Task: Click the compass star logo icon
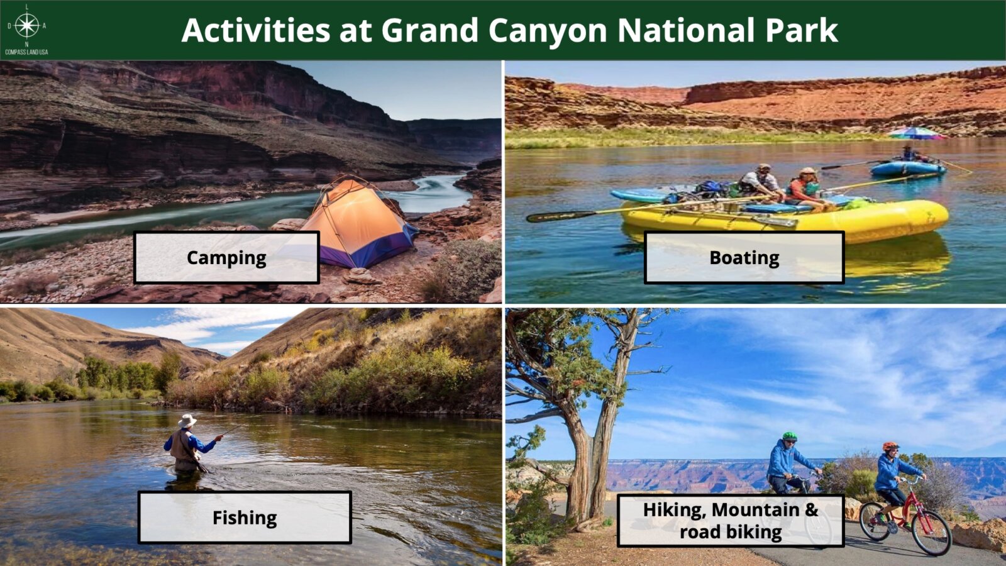27,25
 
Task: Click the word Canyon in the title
548,31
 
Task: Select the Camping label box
226,257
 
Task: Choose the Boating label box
744,257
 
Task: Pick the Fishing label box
245,518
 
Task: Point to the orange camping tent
359,223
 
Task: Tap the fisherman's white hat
187,421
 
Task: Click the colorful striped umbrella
917,133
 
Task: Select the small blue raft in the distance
908,168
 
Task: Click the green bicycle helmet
790,436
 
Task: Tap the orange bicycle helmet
890,446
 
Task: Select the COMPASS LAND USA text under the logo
26,52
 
